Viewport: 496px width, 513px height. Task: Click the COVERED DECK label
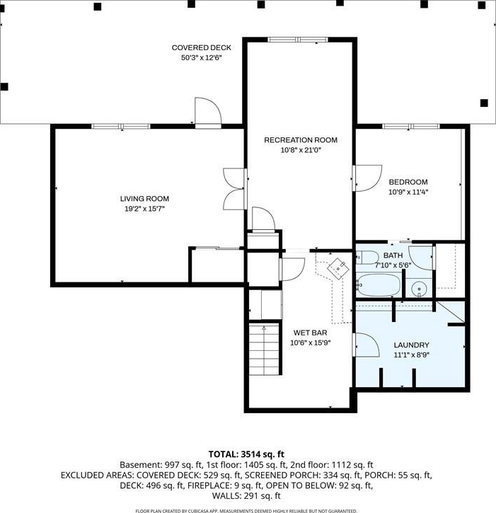pos(202,48)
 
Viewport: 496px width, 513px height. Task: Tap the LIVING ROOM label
pos(144,199)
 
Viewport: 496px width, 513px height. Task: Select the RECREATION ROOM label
pos(301,140)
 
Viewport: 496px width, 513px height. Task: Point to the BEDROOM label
pos(408,182)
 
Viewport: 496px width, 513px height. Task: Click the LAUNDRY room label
pos(411,345)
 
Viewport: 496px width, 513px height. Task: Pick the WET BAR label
pos(310,333)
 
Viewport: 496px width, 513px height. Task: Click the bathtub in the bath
pos(379,285)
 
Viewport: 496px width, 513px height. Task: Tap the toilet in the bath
pos(367,258)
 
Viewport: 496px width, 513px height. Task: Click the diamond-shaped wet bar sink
pos(338,268)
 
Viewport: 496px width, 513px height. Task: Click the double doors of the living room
pos(234,189)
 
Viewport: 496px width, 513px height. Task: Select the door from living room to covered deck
pos(208,112)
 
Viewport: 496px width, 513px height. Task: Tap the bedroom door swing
pos(367,178)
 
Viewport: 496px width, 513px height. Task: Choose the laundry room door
pos(366,345)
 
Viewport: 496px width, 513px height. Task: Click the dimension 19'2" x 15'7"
pos(144,209)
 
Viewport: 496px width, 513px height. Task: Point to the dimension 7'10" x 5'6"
pos(393,265)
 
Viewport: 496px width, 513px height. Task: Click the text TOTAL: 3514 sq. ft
pos(246,454)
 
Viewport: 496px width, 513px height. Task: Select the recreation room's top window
pos(297,40)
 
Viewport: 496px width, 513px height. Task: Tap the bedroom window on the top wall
pos(411,126)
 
